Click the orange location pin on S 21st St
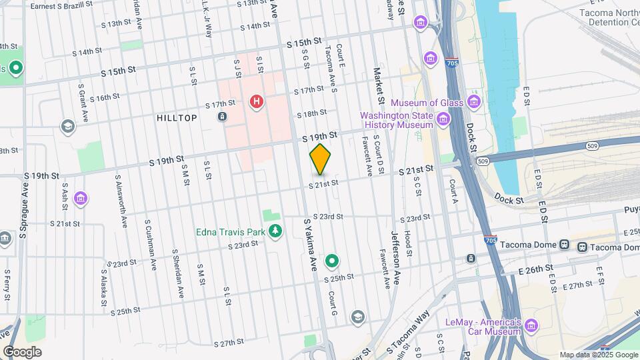320,159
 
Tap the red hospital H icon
255,102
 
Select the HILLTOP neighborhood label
177,118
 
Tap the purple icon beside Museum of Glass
473,102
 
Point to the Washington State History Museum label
397,119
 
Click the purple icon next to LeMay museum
531,326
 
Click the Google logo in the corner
22,351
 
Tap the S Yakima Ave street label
311,245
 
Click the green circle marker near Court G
332,261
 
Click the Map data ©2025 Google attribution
599,355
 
